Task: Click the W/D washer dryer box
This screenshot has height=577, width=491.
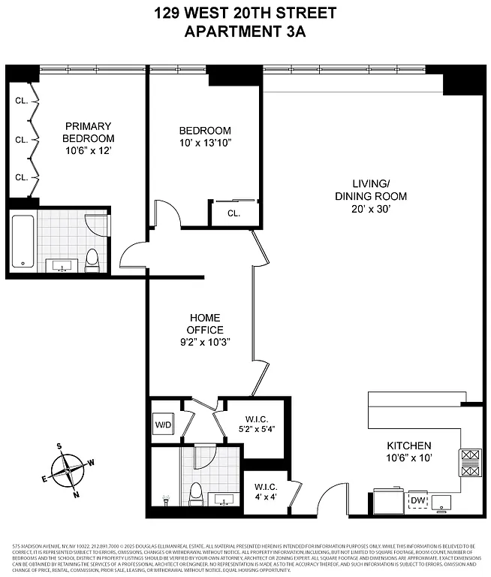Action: pyautogui.click(x=163, y=426)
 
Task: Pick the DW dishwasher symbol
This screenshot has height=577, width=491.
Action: pyautogui.click(x=417, y=500)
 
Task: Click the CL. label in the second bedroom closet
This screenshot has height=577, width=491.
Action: pyautogui.click(x=233, y=213)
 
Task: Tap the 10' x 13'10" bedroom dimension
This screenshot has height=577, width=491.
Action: pyautogui.click(x=205, y=143)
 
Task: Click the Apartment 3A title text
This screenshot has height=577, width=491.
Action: pyautogui.click(x=245, y=32)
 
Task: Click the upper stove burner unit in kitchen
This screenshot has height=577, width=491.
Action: pyautogui.click(x=470, y=455)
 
